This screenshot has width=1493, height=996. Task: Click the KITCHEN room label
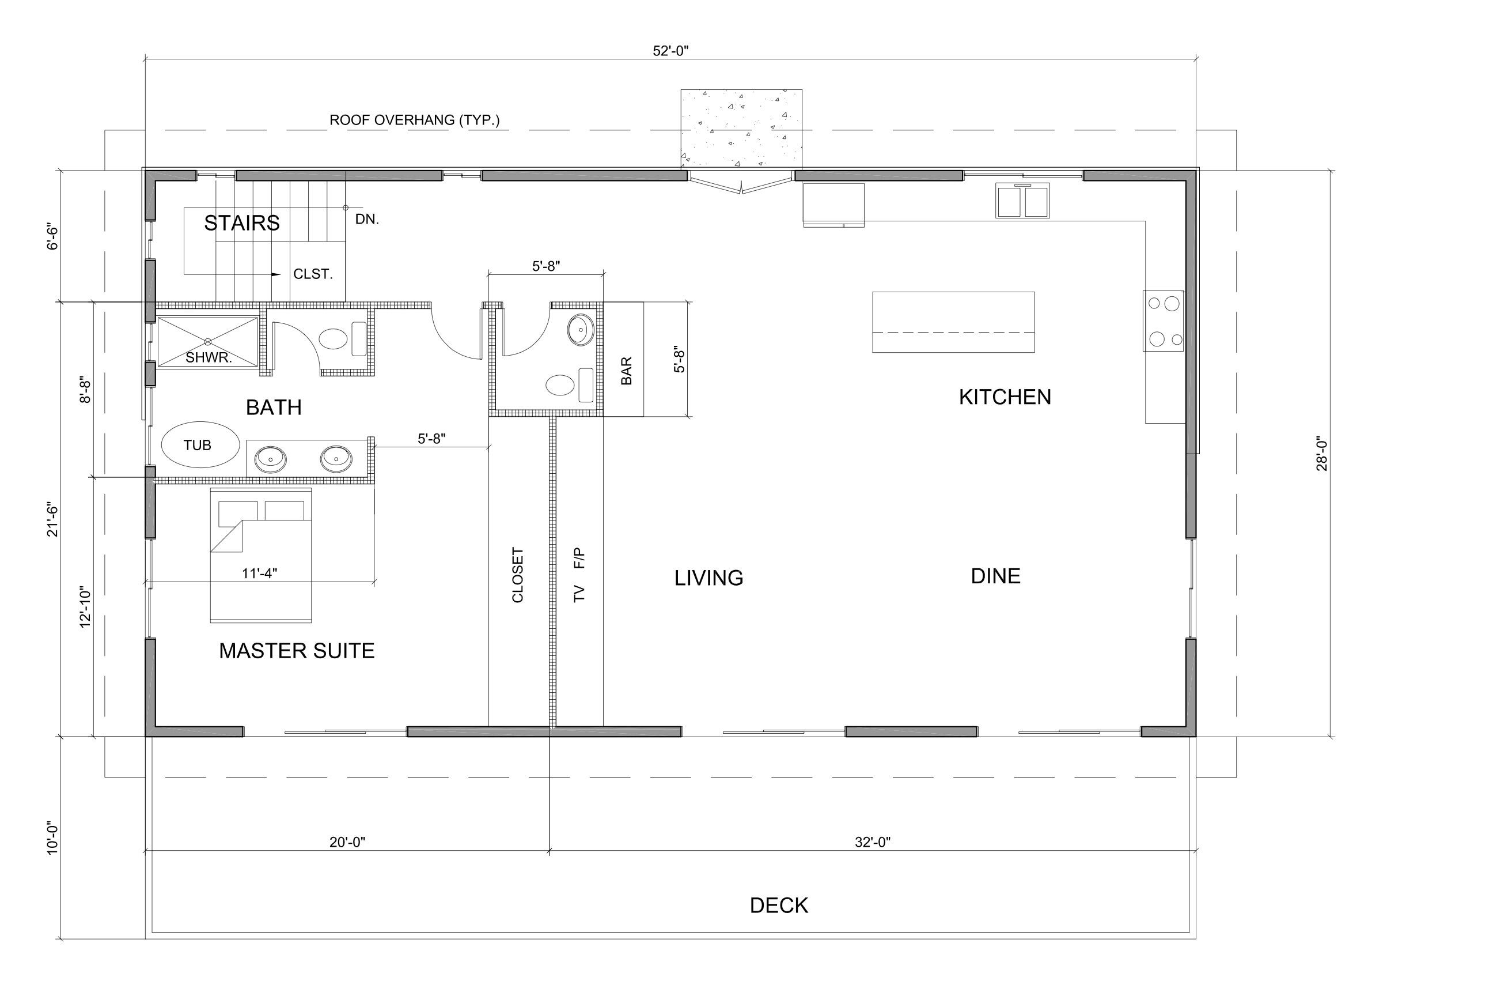click(1005, 397)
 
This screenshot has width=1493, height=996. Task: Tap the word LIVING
click(708, 578)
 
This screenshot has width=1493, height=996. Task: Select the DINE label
click(995, 576)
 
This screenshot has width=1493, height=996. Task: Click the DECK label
click(779, 906)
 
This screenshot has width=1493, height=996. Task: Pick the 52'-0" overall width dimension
click(670, 51)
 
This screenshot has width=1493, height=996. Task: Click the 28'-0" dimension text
click(1323, 454)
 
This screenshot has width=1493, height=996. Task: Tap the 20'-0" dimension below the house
click(347, 842)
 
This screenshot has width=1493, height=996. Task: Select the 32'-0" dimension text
click(873, 842)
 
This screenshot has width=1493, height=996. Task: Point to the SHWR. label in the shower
click(208, 357)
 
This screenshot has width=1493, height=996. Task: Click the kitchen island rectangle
click(953, 322)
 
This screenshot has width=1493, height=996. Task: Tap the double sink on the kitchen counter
click(1022, 200)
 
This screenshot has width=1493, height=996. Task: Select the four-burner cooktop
click(1164, 321)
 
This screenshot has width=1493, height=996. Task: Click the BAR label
click(626, 371)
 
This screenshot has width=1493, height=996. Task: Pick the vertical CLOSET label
click(517, 575)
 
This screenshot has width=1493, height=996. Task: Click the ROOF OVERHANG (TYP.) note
click(414, 120)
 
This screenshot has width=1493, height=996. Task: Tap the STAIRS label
click(241, 223)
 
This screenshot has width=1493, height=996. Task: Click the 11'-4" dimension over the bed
click(259, 573)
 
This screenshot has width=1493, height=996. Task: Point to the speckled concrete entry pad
click(741, 129)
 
